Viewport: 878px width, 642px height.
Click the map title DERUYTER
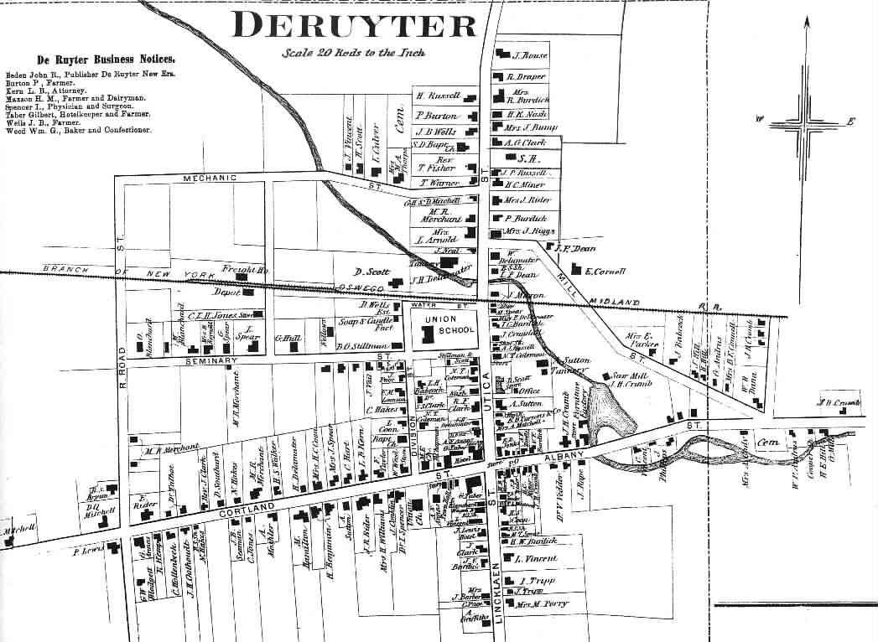[356, 25]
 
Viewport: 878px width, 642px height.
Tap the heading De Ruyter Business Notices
[106, 60]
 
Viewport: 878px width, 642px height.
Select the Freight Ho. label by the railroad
[244, 270]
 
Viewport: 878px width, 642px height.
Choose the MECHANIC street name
[210, 178]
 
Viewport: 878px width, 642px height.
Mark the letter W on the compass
[760, 123]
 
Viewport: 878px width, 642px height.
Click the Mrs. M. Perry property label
[542, 603]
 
